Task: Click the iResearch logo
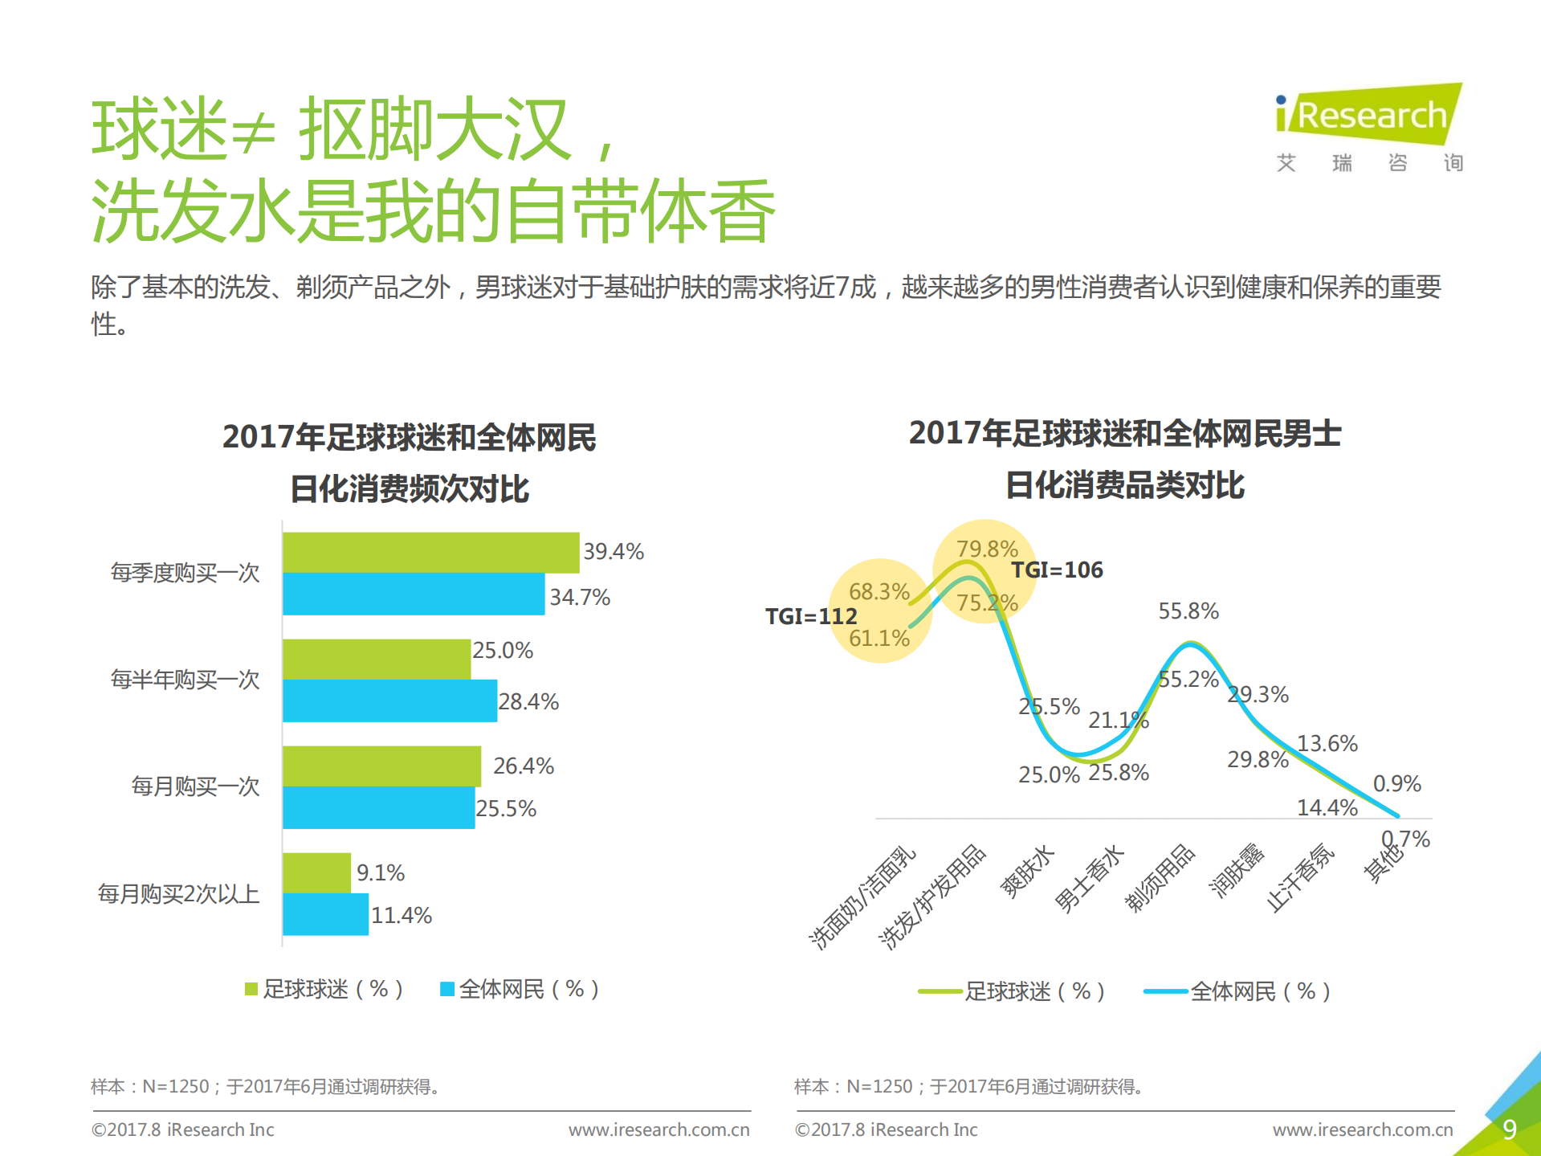click(1369, 116)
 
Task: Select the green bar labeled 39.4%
click(430, 553)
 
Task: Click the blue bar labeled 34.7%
click(414, 594)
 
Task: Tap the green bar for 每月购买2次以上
click(316, 873)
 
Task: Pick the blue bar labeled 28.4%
click(389, 701)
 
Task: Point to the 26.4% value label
click(523, 766)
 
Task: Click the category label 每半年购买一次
click(185, 680)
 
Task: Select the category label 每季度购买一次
click(185, 573)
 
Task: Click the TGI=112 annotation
click(811, 616)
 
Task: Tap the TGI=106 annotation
click(1057, 570)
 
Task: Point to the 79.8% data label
click(987, 549)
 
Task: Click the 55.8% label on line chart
click(1188, 611)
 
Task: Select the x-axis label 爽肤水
click(1027, 872)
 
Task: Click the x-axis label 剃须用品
click(1160, 878)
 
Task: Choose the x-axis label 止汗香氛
click(1300, 878)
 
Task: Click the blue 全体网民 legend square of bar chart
click(447, 989)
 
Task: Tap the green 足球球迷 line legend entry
click(1012, 991)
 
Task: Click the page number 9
click(1509, 1129)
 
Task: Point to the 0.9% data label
click(1396, 784)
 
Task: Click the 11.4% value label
click(402, 916)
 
